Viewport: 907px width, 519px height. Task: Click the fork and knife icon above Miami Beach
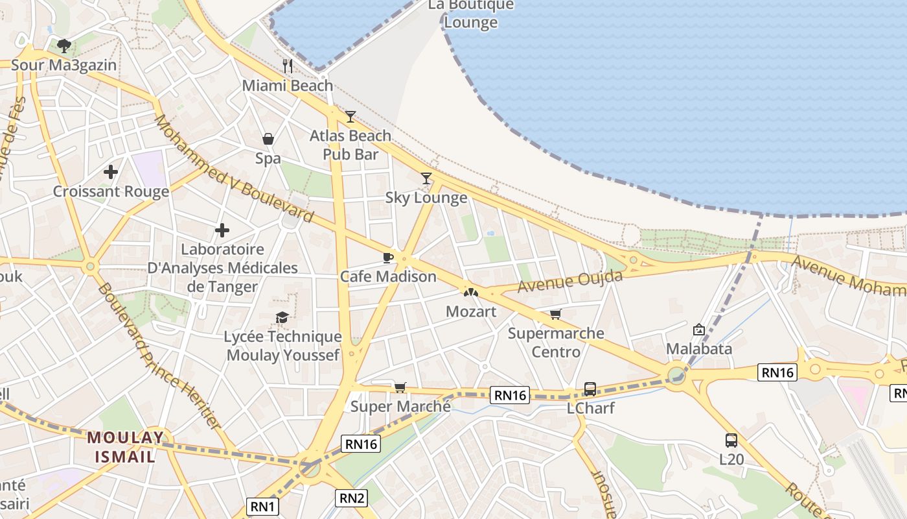(x=288, y=66)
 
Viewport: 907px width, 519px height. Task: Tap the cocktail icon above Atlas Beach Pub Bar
(x=350, y=117)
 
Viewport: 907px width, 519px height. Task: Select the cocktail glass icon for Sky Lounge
(x=426, y=178)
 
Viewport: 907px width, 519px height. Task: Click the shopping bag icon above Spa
(x=268, y=139)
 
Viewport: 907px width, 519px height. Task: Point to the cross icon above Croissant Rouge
(x=111, y=172)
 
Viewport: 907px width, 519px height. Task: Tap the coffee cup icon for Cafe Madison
(x=388, y=258)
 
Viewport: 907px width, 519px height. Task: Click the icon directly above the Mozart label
(x=471, y=293)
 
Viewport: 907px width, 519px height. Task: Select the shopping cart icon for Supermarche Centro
(x=555, y=315)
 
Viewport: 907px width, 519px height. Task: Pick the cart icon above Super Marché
(x=400, y=387)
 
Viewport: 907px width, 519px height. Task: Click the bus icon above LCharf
(x=590, y=389)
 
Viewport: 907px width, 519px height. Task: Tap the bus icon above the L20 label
(x=731, y=441)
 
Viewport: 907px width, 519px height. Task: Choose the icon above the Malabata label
(x=699, y=330)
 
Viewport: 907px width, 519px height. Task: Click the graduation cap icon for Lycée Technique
(x=282, y=317)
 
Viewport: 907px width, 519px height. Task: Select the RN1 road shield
(x=263, y=507)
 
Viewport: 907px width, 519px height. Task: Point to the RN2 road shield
(x=352, y=498)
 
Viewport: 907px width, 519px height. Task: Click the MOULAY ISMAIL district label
(x=126, y=446)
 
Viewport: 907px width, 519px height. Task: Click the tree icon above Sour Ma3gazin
(x=63, y=45)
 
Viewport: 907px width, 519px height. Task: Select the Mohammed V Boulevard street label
(x=233, y=170)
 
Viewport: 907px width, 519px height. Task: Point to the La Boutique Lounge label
(x=471, y=13)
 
